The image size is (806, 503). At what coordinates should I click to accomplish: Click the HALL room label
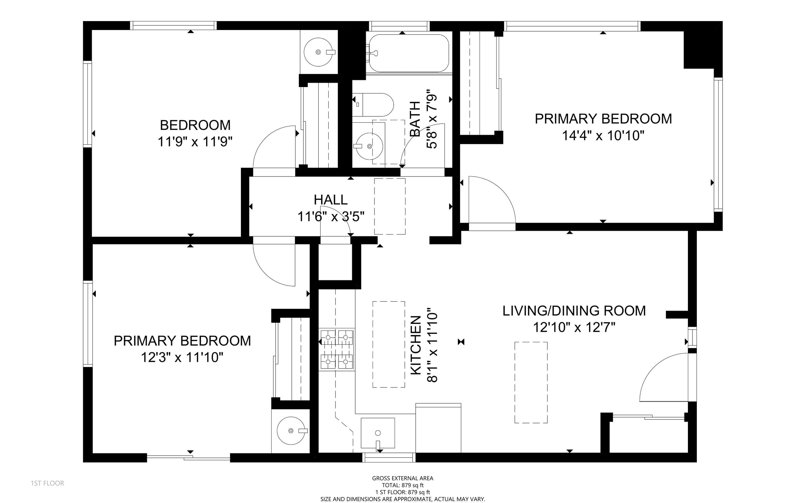click(330, 199)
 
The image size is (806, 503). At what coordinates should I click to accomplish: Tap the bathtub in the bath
click(409, 53)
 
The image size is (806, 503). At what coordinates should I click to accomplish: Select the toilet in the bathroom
click(373, 104)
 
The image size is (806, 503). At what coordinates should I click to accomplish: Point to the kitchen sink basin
click(378, 433)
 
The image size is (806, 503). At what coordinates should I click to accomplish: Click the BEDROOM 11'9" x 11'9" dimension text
click(195, 142)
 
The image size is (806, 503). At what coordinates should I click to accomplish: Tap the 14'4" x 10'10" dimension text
click(603, 135)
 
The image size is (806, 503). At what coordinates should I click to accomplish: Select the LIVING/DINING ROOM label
click(574, 311)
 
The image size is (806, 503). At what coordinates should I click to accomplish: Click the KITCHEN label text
click(416, 345)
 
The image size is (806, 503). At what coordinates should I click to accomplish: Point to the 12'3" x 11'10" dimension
click(182, 357)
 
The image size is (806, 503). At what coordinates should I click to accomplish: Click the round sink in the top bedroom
click(318, 52)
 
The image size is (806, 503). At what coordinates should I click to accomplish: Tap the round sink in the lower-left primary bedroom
click(291, 431)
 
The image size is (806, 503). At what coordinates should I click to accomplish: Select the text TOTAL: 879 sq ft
click(402, 485)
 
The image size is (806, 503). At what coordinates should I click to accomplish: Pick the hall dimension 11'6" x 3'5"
click(330, 217)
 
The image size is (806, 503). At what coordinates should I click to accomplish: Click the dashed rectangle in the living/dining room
click(531, 383)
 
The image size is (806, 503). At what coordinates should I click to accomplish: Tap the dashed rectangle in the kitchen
click(388, 344)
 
